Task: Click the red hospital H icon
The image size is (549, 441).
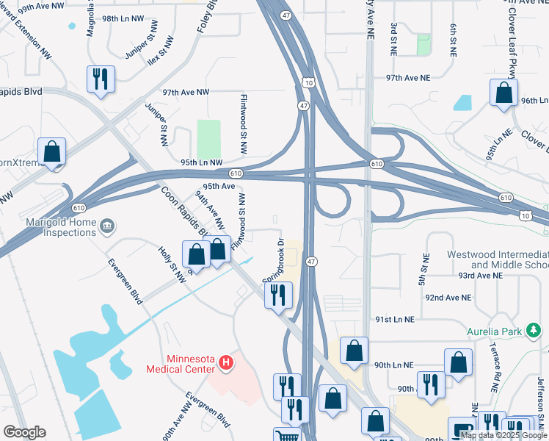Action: coord(227,362)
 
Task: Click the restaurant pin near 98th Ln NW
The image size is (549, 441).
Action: coord(101,79)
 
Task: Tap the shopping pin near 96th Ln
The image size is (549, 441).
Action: coord(503,94)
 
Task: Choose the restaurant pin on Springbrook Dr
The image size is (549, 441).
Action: coord(278,295)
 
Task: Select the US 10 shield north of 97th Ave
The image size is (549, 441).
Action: coord(308,83)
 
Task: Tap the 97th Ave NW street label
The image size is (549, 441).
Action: coord(186,93)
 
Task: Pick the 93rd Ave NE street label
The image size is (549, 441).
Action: coord(476,275)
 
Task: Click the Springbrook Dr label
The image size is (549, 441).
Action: coord(274,259)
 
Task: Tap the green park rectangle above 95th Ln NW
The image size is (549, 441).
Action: coord(209,138)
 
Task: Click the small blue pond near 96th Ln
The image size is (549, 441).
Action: coord(462,103)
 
